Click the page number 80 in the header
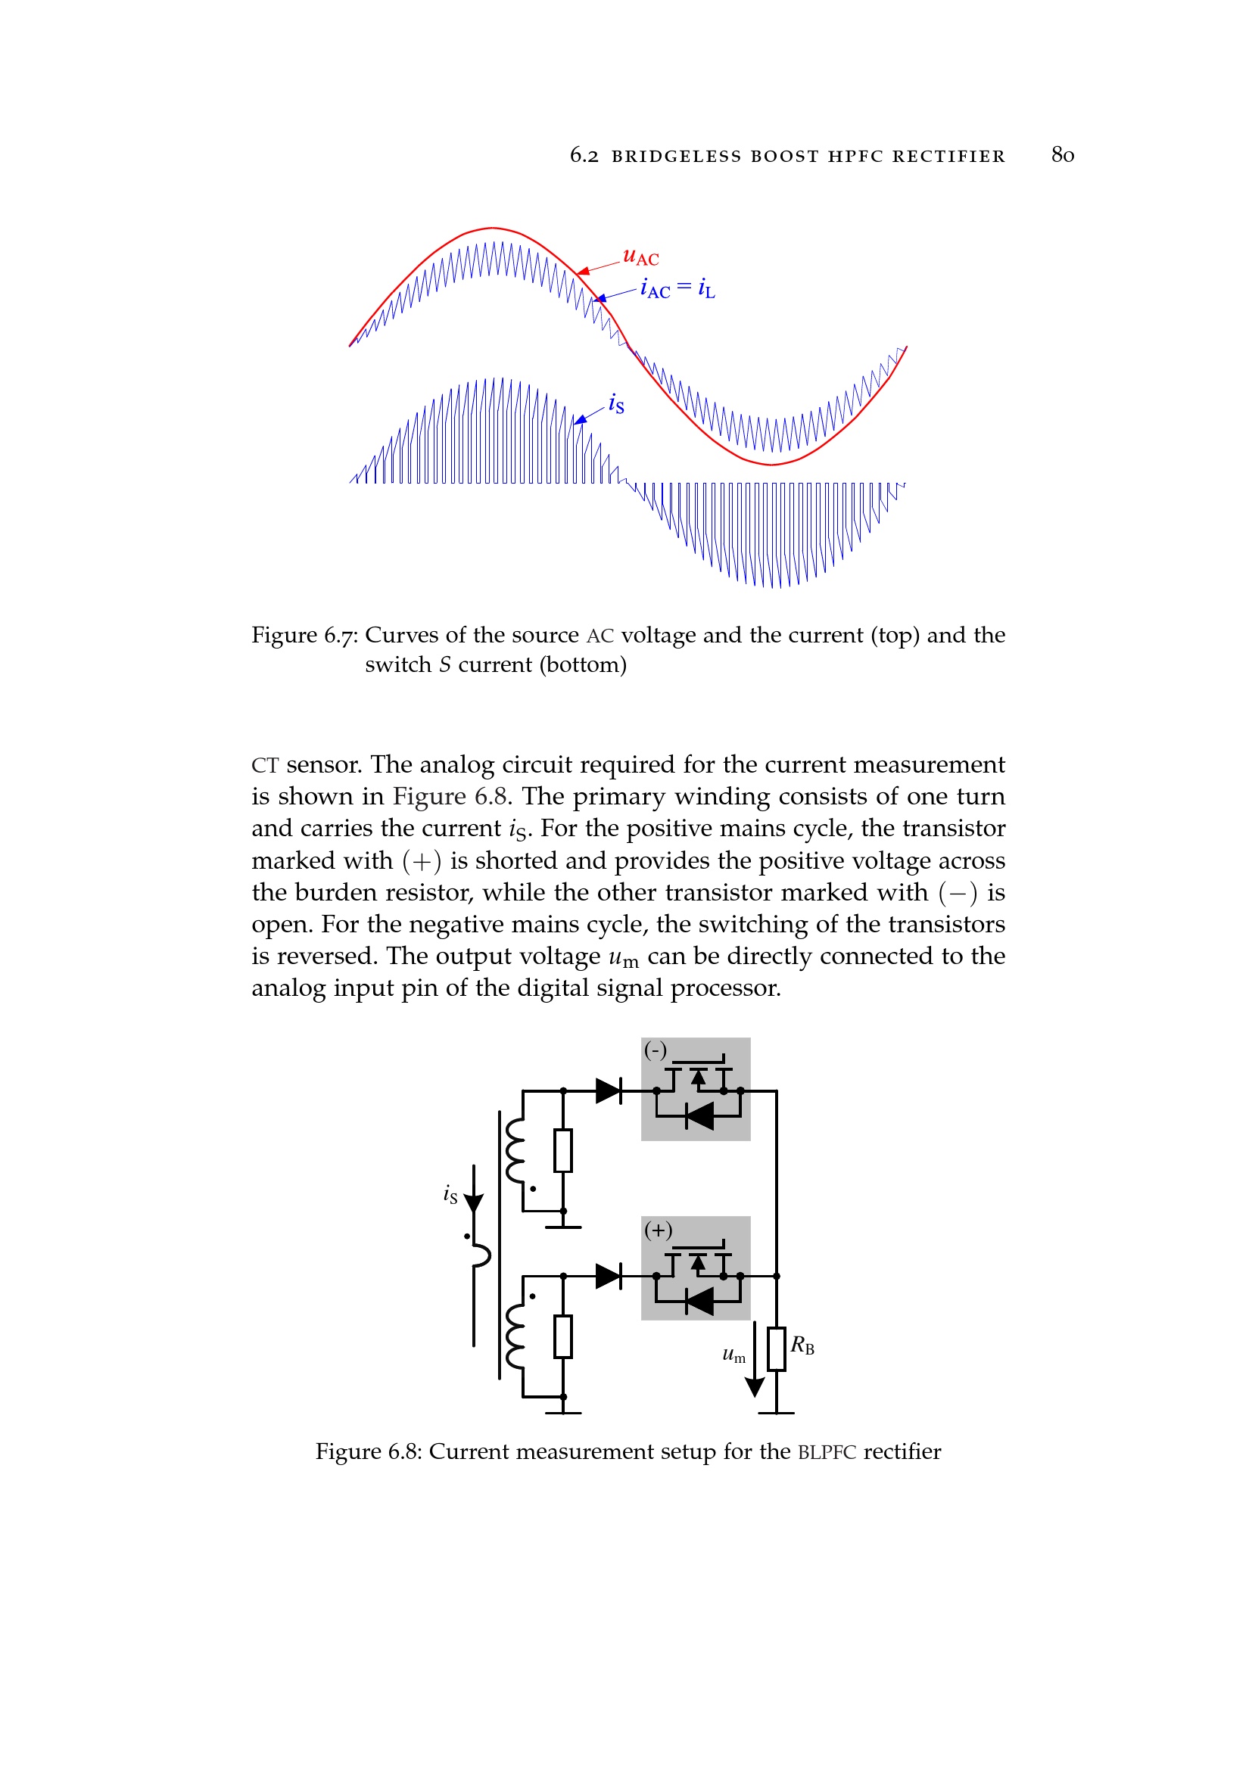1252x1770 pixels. [1061, 155]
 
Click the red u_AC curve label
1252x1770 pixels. [640, 257]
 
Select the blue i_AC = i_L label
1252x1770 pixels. [677, 289]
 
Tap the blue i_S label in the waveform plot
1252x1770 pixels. [615, 403]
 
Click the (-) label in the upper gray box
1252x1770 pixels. [656, 1050]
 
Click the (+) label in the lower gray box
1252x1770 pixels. [658, 1230]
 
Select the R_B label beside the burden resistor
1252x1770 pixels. [802, 1345]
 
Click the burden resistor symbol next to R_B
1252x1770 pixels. [777, 1349]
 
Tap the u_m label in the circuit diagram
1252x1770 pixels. [734, 1355]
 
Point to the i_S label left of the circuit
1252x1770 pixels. [450, 1195]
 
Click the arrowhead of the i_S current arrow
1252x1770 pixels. [473, 1203]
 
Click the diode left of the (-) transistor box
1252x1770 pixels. [609, 1091]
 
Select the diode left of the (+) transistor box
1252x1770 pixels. [609, 1276]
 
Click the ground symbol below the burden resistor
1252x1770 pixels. [777, 1412]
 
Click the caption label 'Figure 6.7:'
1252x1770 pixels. [304, 635]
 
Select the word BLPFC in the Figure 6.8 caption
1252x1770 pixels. [827, 1452]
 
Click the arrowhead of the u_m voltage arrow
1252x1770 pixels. [754, 1388]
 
